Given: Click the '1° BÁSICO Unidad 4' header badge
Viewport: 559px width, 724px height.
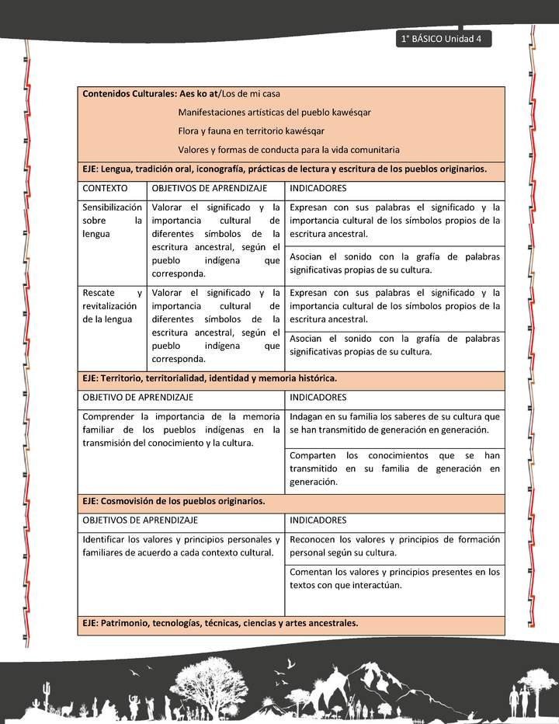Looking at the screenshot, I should [442, 40].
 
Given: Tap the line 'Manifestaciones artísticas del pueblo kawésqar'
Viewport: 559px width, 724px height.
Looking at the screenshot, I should [274, 113].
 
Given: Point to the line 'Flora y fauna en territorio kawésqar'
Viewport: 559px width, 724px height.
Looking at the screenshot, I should [251, 131].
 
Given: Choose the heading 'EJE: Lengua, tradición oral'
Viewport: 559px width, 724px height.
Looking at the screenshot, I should [284, 169].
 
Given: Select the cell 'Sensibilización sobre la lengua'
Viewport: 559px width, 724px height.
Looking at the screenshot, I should [112, 221].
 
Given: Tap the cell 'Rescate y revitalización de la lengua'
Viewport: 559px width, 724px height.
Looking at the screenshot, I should [112, 306].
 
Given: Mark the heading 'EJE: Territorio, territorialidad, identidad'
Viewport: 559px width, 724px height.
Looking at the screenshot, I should [209, 378].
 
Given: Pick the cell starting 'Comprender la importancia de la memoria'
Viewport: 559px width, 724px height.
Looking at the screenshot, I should [181, 430].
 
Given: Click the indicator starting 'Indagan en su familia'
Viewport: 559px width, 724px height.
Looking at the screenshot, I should [394, 423].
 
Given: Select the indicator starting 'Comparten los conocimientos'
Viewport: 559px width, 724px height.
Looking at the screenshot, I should [394, 468].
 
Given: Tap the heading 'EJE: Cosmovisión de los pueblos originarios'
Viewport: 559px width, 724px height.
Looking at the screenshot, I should [173, 502].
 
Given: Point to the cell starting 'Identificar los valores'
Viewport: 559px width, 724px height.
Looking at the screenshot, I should [181, 546].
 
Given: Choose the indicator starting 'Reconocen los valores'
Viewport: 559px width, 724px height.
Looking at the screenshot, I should [394, 546].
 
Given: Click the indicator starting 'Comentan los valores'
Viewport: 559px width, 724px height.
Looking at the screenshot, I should [394, 579].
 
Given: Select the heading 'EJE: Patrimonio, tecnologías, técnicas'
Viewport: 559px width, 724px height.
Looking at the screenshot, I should [220, 624].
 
